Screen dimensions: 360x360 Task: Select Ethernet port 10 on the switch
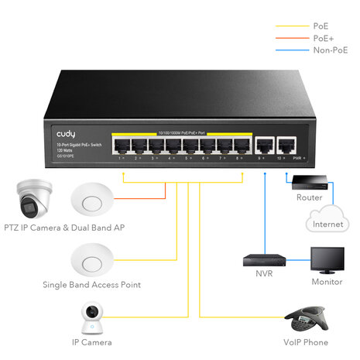pyautogui.click(x=286, y=145)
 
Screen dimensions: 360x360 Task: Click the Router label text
pyautogui.click(x=309, y=197)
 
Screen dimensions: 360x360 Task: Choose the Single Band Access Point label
pyautogui.click(x=91, y=285)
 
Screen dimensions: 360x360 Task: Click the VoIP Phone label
pyautogui.click(x=305, y=342)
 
